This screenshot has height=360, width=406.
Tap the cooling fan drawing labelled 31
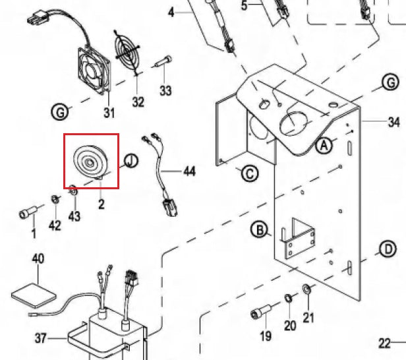coord(97,69)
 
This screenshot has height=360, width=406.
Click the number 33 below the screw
coord(165,90)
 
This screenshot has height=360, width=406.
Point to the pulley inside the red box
coord(88,161)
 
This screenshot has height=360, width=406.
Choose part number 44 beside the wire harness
coord(190,171)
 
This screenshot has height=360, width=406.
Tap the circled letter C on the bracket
coord(249,174)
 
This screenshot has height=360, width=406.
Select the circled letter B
coord(260,229)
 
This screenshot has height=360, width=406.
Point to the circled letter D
coord(388,249)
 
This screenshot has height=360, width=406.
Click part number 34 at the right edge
coord(394,122)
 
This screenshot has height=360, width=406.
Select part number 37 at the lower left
coord(41,339)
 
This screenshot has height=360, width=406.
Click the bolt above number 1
coord(27,213)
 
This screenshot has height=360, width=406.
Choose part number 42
coord(55,225)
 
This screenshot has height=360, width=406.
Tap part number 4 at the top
coord(171,12)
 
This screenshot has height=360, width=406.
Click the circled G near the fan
coord(60,113)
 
